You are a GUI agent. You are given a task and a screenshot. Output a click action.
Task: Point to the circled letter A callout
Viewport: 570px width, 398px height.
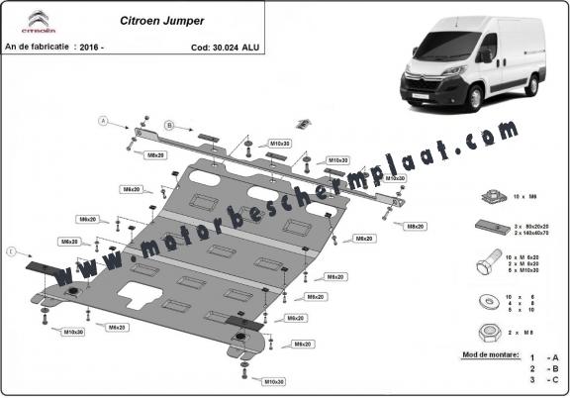[103, 121]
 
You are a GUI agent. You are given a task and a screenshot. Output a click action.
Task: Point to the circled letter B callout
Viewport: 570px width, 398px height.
[169, 126]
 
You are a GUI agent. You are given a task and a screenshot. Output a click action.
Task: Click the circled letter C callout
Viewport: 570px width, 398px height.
[10, 253]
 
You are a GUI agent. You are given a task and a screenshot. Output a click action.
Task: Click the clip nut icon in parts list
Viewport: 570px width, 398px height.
[491, 198]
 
